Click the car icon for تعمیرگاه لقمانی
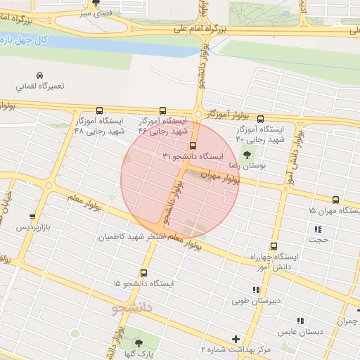click(x=41, y=75)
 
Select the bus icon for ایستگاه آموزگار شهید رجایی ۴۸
click(x=99, y=110)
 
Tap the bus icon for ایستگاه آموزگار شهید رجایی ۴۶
click(x=163, y=110)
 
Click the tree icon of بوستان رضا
click(x=245, y=153)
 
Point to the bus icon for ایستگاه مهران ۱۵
click(x=335, y=200)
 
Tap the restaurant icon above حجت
click(x=319, y=229)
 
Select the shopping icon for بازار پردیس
click(x=32, y=217)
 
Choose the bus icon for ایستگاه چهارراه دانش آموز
click(x=274, y=247)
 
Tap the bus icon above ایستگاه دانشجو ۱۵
click(x=143, y=272)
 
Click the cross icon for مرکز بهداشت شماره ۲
click(x=236, y=338)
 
